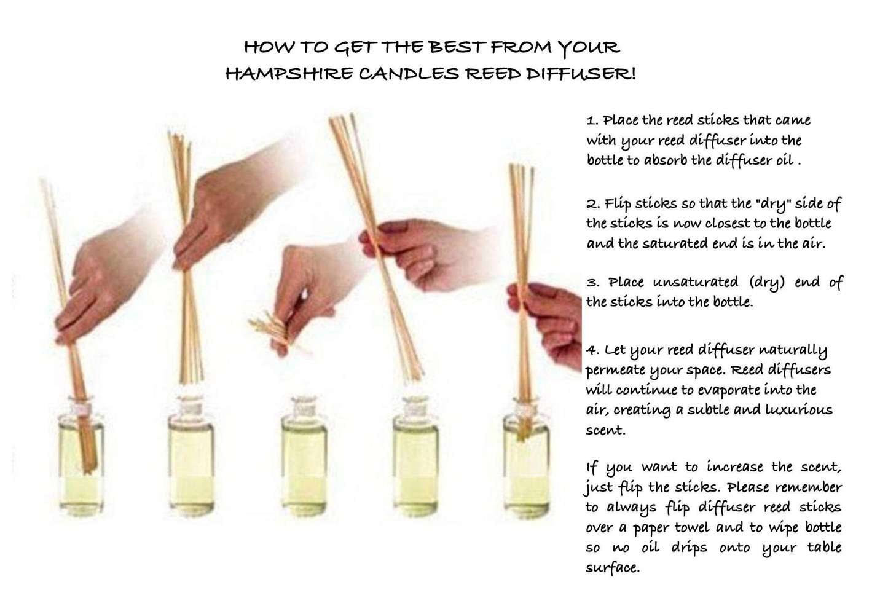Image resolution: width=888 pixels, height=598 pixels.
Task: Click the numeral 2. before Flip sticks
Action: (x=592, y=204)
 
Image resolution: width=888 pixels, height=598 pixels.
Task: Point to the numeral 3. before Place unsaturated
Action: (x=592, y=283)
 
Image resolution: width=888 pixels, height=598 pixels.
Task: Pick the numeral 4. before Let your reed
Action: (x=592, y=350)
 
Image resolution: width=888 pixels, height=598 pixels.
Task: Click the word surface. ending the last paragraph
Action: (x=613, y=568)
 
